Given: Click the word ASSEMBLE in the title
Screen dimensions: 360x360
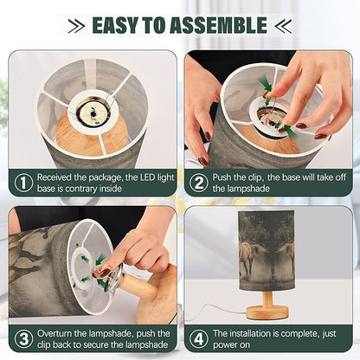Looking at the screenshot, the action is coord(218,25).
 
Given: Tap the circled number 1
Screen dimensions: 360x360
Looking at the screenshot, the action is coord(23,183).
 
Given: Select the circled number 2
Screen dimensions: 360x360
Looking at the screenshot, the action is coord(199,183).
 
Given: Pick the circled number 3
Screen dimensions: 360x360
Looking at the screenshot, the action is coord(23,339).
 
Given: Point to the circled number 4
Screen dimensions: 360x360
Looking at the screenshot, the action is coord(199,339).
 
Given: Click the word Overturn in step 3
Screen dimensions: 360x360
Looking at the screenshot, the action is coord(55,333).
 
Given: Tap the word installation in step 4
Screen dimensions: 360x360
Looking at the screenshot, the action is coord(255,333).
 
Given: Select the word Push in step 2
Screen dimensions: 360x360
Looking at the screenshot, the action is coord(222,177).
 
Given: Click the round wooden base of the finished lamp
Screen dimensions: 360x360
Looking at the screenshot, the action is coord(267,312).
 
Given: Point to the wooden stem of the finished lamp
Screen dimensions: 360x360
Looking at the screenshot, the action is coord(267,299).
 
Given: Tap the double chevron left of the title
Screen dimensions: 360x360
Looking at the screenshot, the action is coord(77,26).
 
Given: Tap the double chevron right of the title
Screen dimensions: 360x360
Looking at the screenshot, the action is coord(283,26).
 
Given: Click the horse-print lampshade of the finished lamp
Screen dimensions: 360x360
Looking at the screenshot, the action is coord(267,251).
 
